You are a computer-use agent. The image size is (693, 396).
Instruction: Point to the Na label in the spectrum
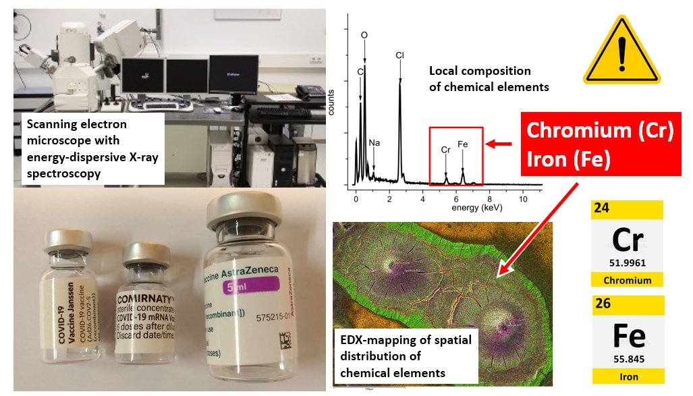click(374, 144)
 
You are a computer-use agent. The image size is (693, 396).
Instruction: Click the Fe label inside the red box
click(463, 144)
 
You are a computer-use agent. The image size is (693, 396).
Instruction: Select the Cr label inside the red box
click(445, 149)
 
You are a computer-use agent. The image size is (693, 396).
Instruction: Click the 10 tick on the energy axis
click(523, 200)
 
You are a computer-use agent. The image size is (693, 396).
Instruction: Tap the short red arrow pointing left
click(500, 143)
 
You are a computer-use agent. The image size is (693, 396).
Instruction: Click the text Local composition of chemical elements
click(489, 79)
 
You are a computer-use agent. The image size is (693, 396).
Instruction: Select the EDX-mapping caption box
click(405, 353)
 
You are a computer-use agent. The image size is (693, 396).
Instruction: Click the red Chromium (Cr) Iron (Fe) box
click(600, 144)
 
